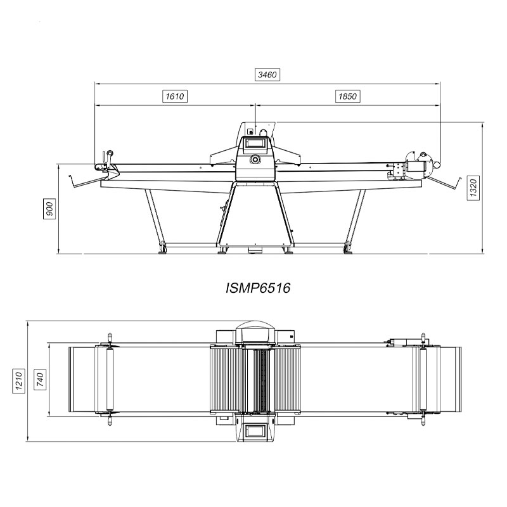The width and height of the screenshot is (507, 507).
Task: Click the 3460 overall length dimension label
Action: coord(267,75)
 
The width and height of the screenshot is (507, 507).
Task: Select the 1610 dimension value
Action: coord(175,96)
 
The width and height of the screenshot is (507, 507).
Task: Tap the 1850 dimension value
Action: coord(347,96)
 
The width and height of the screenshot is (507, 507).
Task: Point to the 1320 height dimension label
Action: coord(473,188)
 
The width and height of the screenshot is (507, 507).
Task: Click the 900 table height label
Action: coord(49,209)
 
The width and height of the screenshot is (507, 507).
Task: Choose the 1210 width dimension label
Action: coord(19,381)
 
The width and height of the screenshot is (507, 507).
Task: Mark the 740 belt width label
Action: coord(40,380)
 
